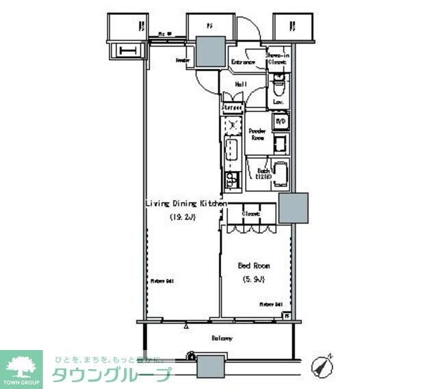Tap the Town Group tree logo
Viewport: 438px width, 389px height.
pos(21,365)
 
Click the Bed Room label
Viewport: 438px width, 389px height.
pos(253,265)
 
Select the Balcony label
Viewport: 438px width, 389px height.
pos(221,338)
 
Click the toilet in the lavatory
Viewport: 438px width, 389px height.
pos(278,88)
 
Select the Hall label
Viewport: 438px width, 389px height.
pos(241,84)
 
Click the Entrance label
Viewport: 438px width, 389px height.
pos(243,62)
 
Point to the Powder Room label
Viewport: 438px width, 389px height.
pos(257,134)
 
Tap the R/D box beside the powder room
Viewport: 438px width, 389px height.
pos(280,122)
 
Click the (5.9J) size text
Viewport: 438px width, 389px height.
pos(253,279)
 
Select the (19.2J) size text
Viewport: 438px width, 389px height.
pos(183,217)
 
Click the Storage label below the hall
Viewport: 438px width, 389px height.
pos(233,107)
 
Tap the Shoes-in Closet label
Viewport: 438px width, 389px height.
pos(276,58)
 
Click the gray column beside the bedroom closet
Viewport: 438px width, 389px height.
pos(292,208)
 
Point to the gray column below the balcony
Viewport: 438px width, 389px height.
pos(211,366)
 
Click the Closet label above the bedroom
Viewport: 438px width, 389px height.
pos(250,213)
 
